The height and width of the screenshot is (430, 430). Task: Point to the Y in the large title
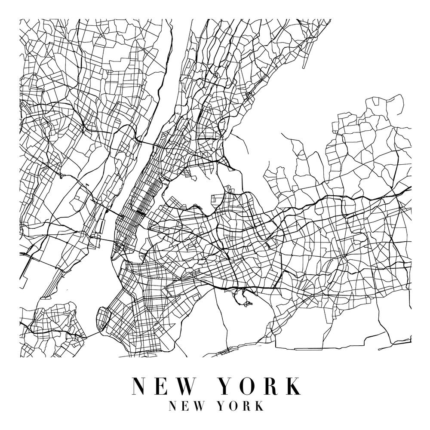click(x=227, y=386)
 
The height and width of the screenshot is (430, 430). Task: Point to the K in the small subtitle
click(x=259, y=406)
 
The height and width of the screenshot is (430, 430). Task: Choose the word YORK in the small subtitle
click(x=241, y=406)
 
